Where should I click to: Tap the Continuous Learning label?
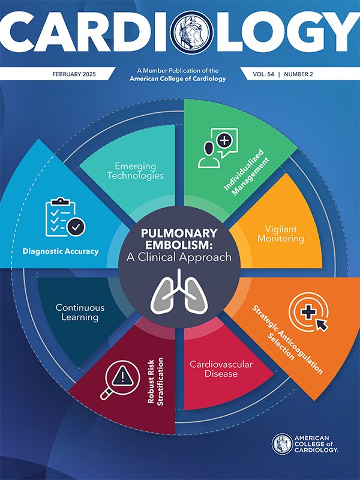click(x=80, y=312)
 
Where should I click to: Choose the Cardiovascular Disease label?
click(x=214, y=368)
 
